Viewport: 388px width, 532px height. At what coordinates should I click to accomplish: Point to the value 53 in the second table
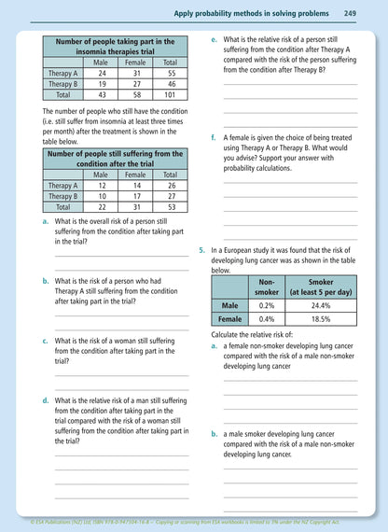171,207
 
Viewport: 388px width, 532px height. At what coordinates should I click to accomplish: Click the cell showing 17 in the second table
136,196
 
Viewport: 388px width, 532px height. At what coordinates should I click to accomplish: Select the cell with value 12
102,185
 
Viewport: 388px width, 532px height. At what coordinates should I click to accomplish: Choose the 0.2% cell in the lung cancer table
267,305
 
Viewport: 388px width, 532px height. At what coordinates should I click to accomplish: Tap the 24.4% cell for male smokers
321,305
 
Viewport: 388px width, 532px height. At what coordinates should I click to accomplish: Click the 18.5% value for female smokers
321,319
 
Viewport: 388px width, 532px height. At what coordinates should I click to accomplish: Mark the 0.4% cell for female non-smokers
267,319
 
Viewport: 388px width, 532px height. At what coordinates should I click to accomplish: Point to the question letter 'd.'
46,399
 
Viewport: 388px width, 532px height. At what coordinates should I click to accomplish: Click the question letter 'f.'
215,138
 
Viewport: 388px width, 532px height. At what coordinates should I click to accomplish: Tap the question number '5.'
202,251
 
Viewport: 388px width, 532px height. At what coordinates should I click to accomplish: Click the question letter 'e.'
215,40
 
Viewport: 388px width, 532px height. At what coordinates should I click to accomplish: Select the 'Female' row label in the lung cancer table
229,319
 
